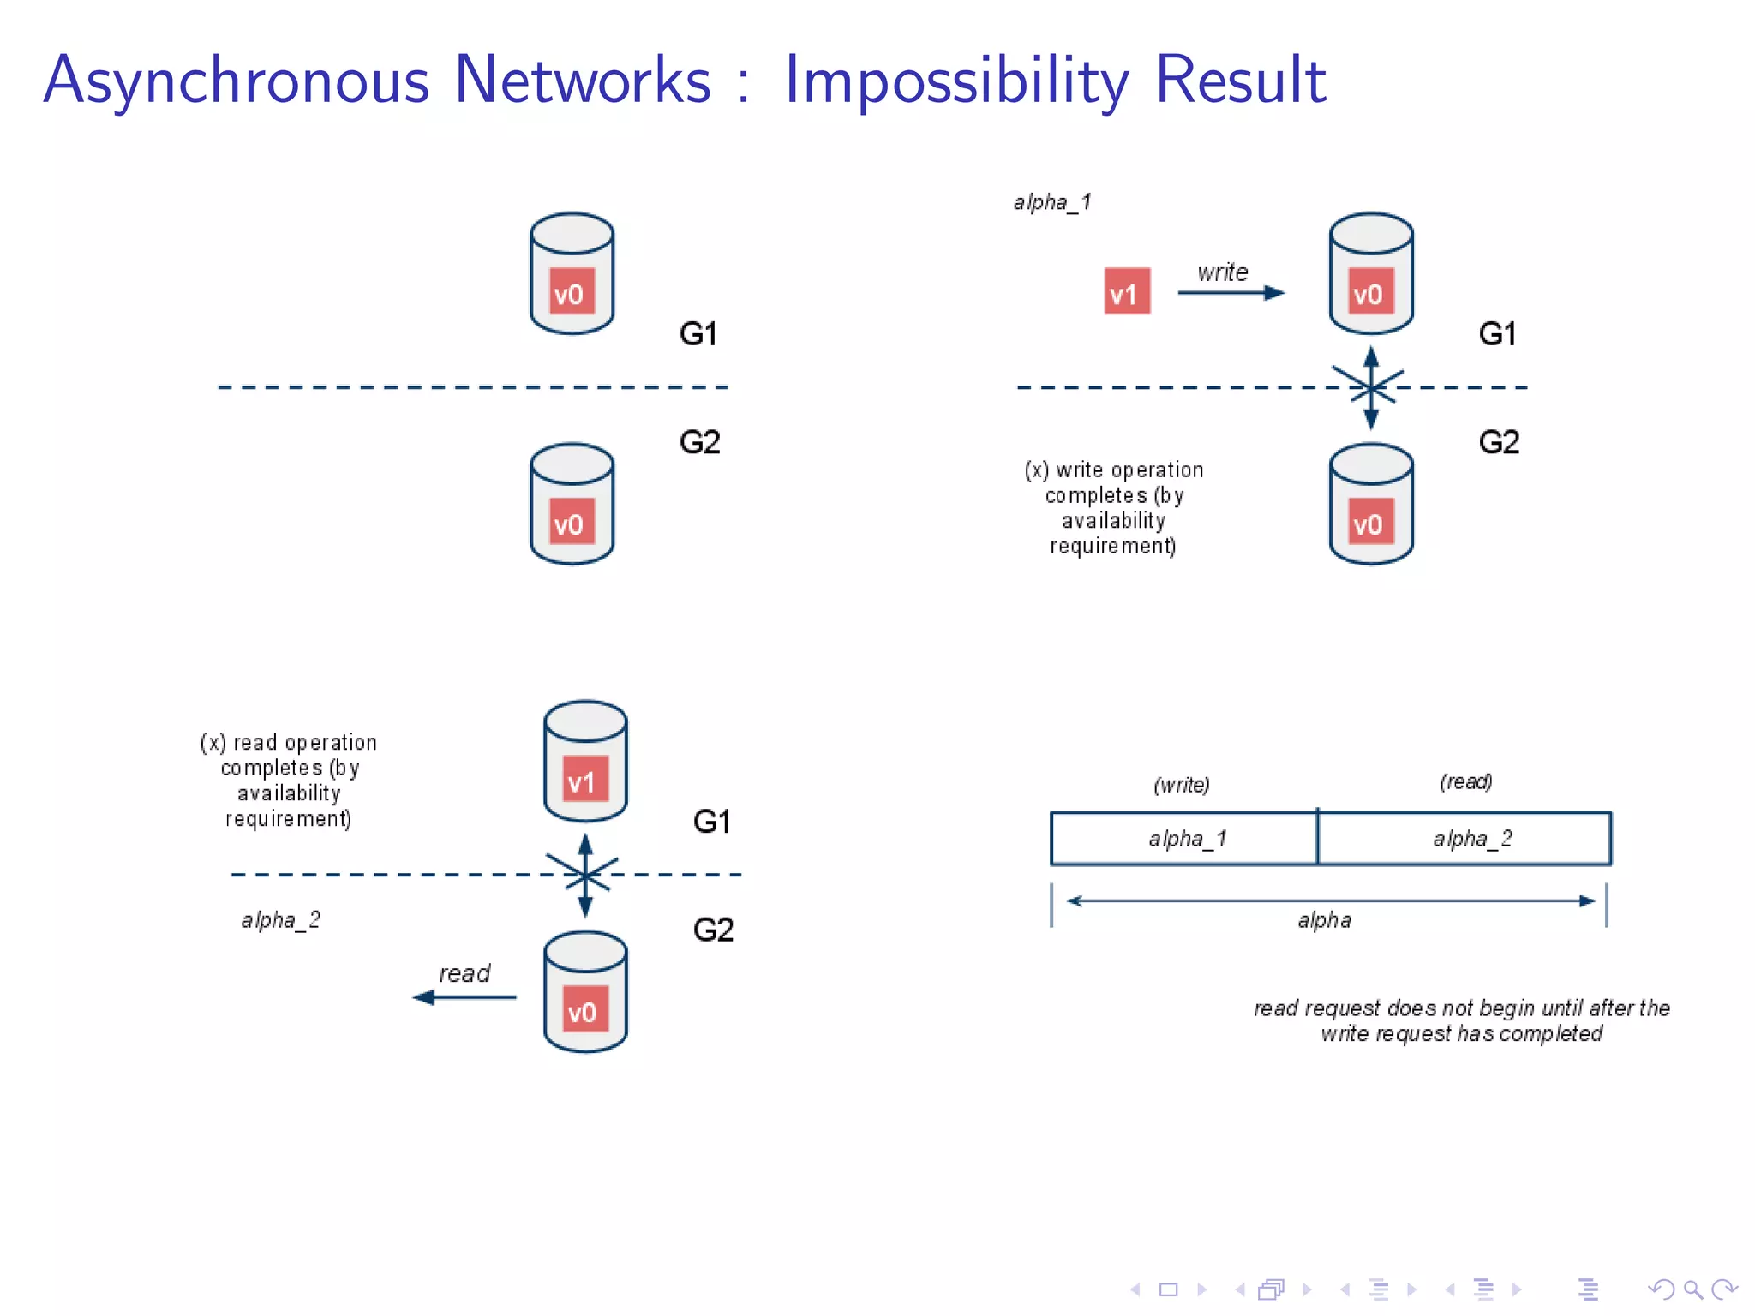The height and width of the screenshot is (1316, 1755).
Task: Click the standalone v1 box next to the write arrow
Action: [1126, 292]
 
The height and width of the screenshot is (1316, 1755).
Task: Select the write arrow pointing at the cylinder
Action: [1231, 293]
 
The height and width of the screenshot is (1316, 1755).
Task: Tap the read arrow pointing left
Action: [464, 997]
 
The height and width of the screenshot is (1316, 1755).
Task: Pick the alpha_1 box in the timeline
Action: [1183, 839]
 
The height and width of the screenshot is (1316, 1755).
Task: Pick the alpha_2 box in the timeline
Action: [1464, 839]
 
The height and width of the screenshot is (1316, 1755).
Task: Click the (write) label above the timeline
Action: [1182, 785]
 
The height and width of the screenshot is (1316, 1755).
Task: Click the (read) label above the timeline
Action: [1465, 781]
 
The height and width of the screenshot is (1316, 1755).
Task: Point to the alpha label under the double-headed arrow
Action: [1324, 921]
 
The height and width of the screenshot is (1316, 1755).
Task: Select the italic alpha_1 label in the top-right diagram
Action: [1051, 202]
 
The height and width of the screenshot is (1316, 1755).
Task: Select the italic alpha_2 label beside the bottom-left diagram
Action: [280, 920]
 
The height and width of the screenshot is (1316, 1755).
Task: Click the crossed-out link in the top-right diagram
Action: [1370, 387]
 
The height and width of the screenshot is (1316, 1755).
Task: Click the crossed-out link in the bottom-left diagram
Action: [585, 875]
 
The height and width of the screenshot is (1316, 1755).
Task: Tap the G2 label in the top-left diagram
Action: [699, 442]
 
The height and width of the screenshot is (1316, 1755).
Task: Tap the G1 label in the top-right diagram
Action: [1497, 333]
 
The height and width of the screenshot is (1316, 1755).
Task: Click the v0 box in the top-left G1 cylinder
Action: [571, 292]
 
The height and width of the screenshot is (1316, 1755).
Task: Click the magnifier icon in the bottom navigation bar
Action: [1692, 1289]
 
